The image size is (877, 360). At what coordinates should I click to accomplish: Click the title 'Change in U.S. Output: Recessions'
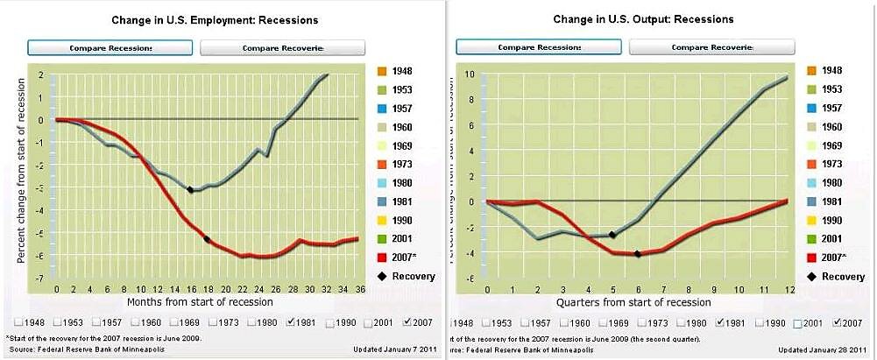click(643, 19)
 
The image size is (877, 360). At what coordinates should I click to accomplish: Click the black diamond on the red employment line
click(207, 239)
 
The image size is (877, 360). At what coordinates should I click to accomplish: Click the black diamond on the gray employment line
click(190, 190)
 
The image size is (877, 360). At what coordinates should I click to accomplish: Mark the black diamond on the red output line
click(637, 254)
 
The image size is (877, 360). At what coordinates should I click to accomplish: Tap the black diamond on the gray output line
click(612, 235)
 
